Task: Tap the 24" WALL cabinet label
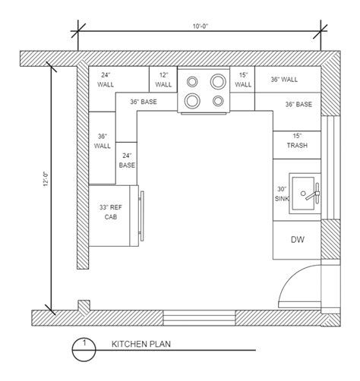(106, 79)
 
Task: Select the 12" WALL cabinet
(163, 79)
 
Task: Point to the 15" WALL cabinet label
(243, 79)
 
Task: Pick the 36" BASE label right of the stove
(299, 104)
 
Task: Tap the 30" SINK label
(283, 194)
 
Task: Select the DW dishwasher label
(297, 240)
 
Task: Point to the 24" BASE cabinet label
(127, 159)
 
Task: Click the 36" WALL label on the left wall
(103, 141)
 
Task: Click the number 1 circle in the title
(84, 347)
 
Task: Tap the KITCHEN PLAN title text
(141, 343)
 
